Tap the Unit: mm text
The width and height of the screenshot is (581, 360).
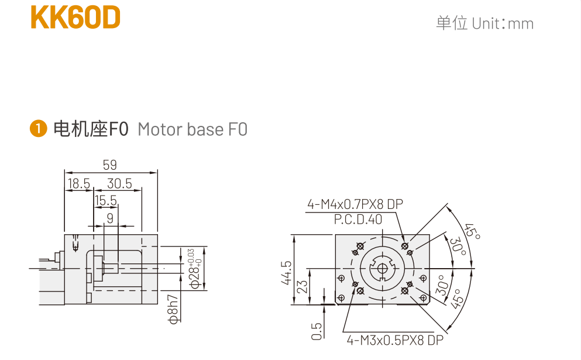click(x=484, y=23)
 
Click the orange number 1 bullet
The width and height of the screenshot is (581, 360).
click(x=38, y=129)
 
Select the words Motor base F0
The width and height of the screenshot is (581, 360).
click(x=192, y=129)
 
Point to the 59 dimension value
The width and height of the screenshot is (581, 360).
click(x=110, y=165)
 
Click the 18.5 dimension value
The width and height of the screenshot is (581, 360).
click(x=78, y=184)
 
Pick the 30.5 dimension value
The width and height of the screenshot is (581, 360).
click(x=119, y=184)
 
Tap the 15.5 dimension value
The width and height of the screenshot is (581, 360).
click(x=106, y=201)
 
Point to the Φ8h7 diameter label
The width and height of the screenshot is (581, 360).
click(x=173, y=308)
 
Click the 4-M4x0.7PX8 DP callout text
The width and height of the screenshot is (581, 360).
click(x=355, y=204)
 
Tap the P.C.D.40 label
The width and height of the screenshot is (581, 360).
click(x=358, y=220)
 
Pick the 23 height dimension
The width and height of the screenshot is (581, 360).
click(x=302, y=287)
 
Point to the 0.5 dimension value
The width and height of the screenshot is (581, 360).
click(x=317, y=331)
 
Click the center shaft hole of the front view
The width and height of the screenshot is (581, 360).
click(x=382, y=269)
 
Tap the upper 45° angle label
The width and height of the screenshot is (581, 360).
click(x=472, y=231)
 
